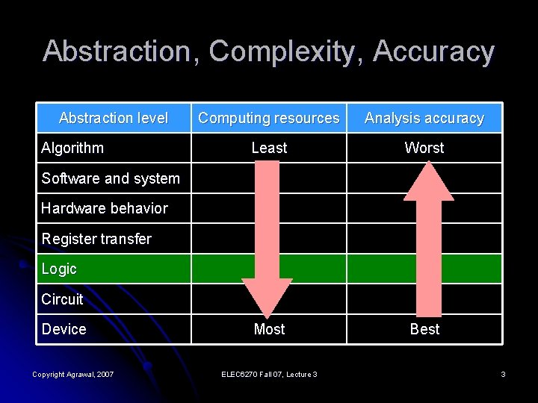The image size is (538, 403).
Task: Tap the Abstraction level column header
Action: coord(114,118)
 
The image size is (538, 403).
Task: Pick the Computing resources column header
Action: coord(269,118)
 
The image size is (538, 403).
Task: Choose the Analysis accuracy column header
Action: coord(424,118)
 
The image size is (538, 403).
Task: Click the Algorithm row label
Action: coord(72,148)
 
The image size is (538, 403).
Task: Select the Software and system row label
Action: coord(111,178)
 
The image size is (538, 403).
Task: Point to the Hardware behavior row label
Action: coord(105,208)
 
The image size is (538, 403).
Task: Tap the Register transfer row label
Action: coord(96,239)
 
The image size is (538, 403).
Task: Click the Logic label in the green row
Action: coord(59,269)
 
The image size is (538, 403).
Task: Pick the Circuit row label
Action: coord(62,299)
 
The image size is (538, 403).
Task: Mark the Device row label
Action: coord(64,329)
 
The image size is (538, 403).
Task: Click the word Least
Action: coord(269,148)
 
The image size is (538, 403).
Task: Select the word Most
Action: coord(269,329)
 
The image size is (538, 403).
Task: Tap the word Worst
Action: coord(424,148)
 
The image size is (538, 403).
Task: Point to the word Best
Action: coord(424,329)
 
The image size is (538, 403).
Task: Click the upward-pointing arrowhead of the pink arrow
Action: coord(428,181)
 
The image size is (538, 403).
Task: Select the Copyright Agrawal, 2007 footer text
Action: coord(72,374)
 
